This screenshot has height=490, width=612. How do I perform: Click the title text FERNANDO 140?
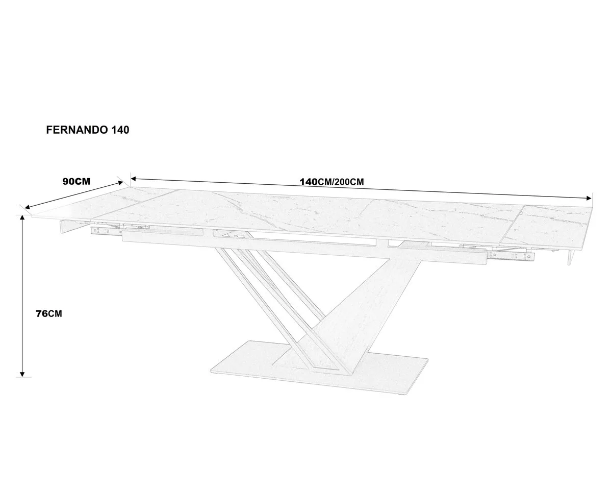[88, 130]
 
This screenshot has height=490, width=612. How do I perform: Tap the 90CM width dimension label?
[76, 181]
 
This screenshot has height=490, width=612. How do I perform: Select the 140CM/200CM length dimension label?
[331, 182]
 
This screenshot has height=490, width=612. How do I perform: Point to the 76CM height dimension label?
[49, 314]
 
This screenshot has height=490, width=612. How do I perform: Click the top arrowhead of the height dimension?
[22, 217]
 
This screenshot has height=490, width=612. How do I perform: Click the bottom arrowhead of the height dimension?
[22, 374]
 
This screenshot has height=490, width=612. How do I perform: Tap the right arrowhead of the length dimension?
[589, 198]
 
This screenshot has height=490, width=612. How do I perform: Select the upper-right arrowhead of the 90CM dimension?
[120, 183]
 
